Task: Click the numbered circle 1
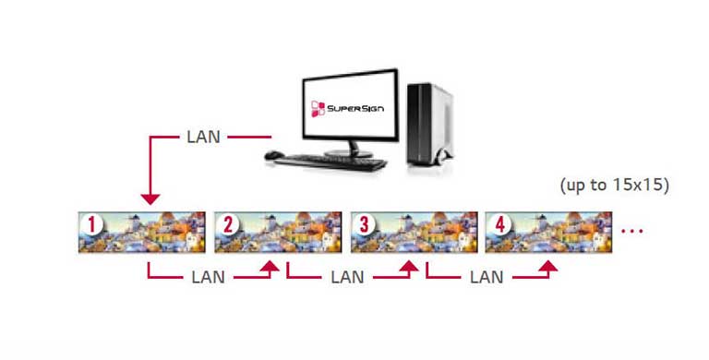pos(91,224)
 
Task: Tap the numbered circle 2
pos(228,224)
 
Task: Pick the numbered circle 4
pos(499,224)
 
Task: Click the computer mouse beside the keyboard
pos(273,156)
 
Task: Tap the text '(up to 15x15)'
pos(614,185)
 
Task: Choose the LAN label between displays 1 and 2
pos(207,276)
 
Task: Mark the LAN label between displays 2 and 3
pos(347,276)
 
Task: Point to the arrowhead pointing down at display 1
pos(149,198)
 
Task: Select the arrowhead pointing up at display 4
pos(546,266)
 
